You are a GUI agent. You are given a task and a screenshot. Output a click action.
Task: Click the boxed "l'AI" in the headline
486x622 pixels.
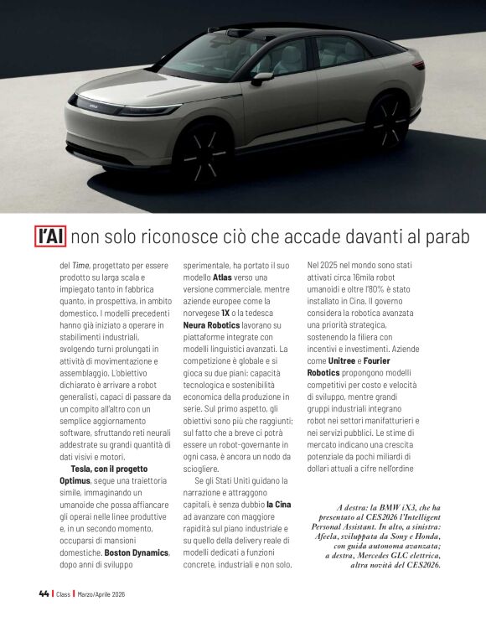(49, 236)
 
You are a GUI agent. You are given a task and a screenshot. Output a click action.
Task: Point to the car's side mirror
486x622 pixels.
(262, 78)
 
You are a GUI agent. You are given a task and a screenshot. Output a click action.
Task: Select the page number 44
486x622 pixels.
(44, 593)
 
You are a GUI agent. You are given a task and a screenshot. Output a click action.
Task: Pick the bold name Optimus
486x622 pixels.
(74, 481)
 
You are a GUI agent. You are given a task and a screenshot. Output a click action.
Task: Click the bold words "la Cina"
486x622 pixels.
(279, 505)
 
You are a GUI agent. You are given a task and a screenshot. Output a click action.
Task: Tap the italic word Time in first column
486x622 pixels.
(81, 264)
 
